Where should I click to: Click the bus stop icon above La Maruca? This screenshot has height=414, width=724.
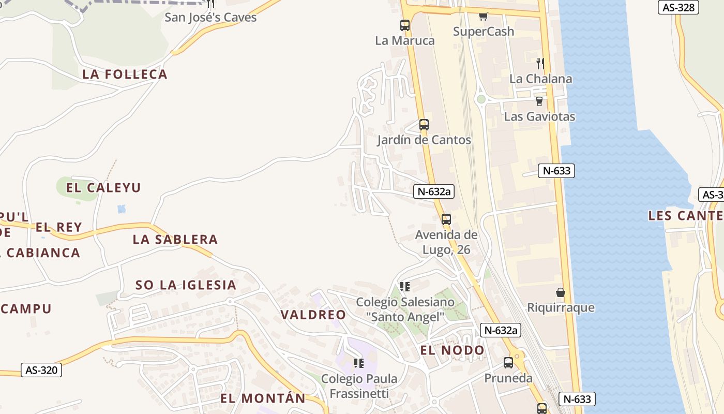pos(405,25)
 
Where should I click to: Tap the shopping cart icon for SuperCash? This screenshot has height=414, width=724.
pos(484,16)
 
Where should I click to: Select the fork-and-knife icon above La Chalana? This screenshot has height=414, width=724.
pos(540,63)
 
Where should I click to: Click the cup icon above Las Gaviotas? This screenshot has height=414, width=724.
pos(539,101)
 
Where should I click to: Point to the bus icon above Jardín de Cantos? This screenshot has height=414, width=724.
pos(424,125)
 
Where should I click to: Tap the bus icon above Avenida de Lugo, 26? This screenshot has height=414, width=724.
pos(446,219)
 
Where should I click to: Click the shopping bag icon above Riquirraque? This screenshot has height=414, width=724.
pos(561,292)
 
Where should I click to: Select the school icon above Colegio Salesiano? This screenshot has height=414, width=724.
pos(405,287)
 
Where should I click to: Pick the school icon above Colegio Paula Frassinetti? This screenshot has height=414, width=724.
pos(359,363)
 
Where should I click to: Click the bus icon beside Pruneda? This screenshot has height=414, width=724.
pos(508,363)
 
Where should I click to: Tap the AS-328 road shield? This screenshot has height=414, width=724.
pos(678,7)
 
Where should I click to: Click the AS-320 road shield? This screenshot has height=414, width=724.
pos(41,370)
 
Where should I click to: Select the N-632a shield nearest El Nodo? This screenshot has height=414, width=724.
pos(500,330)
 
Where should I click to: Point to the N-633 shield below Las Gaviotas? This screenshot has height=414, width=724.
pos(556,171)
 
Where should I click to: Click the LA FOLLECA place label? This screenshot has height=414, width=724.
pos(125,75)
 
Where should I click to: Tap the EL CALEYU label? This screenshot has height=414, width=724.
pos(103,187)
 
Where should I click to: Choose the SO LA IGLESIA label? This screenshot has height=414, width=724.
pos(186,285)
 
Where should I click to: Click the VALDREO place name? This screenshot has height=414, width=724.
pos(313,315)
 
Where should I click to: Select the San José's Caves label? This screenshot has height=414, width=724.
pos(210,18)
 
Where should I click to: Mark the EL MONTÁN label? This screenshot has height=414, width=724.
pos(263,398)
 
